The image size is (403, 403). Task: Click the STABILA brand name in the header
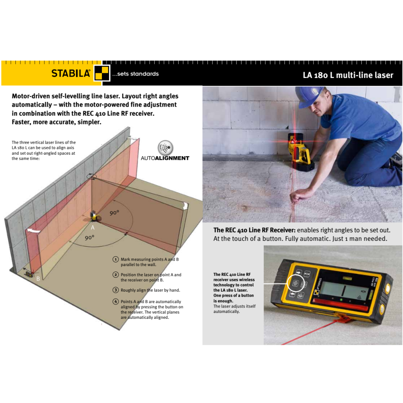click(x=71, y=73)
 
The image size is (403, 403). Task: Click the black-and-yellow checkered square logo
click(x=102, y=74)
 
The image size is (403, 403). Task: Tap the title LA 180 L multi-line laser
click(x=348, y=75)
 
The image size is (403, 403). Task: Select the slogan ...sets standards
click(x=135, y=74)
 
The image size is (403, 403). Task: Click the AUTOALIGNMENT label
click(x=165, y=158)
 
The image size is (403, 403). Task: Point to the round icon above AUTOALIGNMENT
click(x=165, y=148)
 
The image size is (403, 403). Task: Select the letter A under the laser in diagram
click(x=93, y=227)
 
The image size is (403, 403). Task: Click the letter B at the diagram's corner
click(x=38, y=279)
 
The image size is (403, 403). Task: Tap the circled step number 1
click(x=115, y=259)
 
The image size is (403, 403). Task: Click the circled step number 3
click(x=115, y=290)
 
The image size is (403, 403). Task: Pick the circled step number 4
click(x=115, y=302)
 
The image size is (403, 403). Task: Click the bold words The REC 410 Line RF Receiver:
click(x=254, y=230)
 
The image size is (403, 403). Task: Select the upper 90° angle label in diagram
click(x=114, y=213)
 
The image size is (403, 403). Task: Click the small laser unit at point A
click(x=94, y=215)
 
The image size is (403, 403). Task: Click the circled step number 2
click(x=115, y=275)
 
